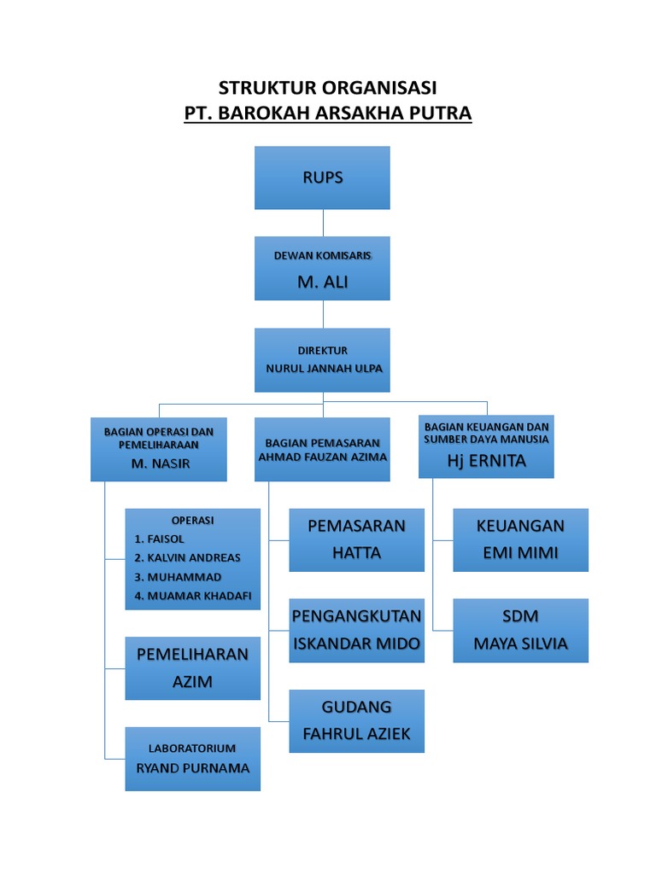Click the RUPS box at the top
tap(322, 178)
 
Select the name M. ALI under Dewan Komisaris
tap(322, 283)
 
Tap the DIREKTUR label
tap(322, 350)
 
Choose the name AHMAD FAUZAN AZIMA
tap(323, 457)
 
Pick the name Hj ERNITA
tap(487, 461)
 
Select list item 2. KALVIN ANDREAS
tap(188, 557)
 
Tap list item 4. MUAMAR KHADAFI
tap(193, 595)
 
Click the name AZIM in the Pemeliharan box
tap(192, 681)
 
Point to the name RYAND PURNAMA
tap(193, 767)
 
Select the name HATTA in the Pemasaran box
tap(356, 552)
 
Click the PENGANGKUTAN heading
tap(356, 615)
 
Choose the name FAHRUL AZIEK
tap(356, 733)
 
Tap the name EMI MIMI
tap(520, 552)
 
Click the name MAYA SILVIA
tap(520, 643)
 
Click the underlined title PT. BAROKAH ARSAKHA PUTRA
tap(328, 114)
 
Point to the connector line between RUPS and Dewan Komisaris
tap(323, 223)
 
